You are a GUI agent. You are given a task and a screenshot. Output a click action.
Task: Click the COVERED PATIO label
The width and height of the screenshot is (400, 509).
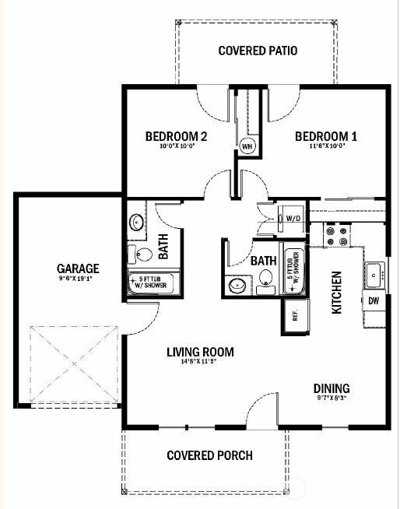pos(258,51)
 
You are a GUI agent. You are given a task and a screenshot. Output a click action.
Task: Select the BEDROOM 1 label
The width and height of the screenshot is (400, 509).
pos(325,137)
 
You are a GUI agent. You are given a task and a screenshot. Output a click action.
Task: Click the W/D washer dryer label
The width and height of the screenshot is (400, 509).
pos(293,219)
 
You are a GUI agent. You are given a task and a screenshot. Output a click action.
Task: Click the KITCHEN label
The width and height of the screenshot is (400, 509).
pos(337,292)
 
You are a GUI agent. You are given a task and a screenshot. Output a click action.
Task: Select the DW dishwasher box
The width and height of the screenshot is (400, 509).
pos(374,300)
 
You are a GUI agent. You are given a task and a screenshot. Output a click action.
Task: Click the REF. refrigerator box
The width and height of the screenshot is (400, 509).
pos(295,315)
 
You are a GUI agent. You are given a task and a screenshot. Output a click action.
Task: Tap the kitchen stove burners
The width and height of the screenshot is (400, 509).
pos(336,236)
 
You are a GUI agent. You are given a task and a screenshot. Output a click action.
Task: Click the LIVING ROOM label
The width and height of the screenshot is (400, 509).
pos(200,352)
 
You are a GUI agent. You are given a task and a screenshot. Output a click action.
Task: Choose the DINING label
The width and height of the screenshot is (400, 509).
pos(332,388)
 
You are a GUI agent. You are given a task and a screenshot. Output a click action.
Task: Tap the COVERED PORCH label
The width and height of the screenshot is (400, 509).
pos(209,455)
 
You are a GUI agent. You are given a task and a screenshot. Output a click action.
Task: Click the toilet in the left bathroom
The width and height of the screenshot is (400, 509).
pos(142,254)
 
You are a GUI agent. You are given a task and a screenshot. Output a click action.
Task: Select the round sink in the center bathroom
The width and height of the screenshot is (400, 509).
pos(236,286)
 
